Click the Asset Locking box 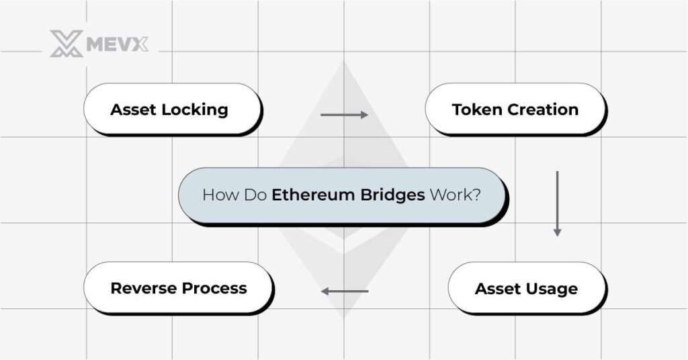(x=172, y=109)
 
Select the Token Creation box (x=515, y=109)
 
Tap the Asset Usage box (x=526, y=288)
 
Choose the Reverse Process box (x=178, y=287)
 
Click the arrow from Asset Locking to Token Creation (x=344, y=115)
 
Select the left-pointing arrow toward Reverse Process (x=344, y=291)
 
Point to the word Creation (x=544, y=109)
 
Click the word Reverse (x=142, y=288)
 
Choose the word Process (x=213, y=288)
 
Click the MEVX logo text (x=117, y=44)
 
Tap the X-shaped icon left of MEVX (x=67, y=44)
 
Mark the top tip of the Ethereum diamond (x=343, y=62)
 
